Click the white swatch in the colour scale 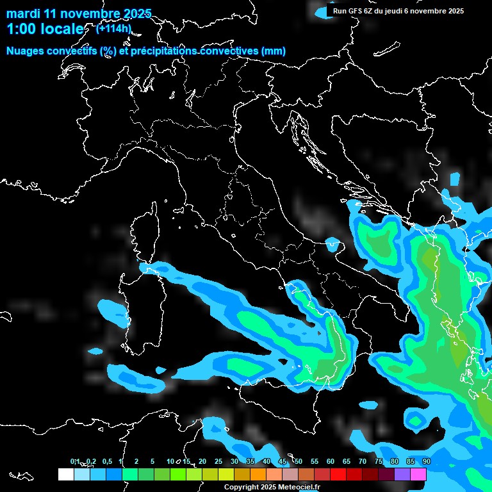[x=65, y=474]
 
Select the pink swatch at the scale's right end [x=418, y=474]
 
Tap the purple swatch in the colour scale [x=402, y=474]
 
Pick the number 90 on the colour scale [x=426, y=461]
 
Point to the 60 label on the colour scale [x=331, y=461]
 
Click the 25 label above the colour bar [x=218, y=461]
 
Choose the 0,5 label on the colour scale [x=107, y=461]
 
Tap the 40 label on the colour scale [x=266, y=461]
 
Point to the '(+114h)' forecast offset [x=113, y=28]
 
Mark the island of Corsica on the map [x=142, y=237]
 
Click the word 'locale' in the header [x=63, y=29]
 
